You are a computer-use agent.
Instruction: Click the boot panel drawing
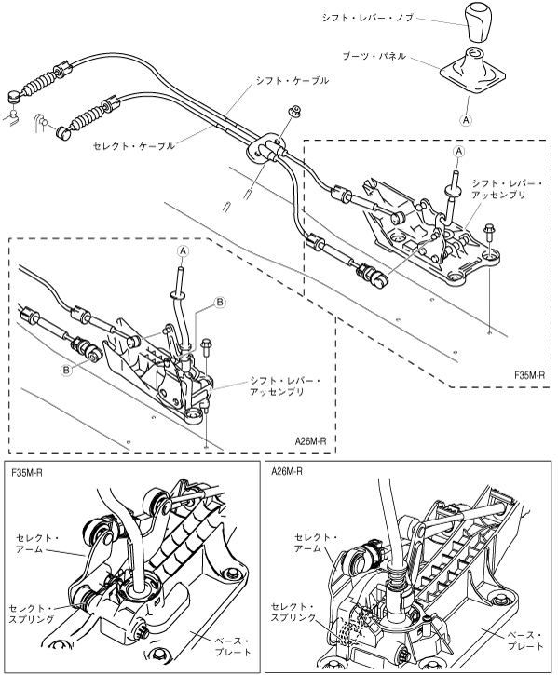472,70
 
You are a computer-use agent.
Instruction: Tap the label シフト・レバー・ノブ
368,18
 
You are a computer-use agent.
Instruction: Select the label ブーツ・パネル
374,56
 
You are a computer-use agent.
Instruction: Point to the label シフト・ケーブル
293,80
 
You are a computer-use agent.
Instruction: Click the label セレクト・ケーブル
134,146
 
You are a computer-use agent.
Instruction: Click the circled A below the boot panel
466,120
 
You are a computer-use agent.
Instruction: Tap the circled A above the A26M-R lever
184,250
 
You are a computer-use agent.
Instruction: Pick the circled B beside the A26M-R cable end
66,370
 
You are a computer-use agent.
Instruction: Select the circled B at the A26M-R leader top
219,303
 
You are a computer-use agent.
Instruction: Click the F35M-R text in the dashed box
529,375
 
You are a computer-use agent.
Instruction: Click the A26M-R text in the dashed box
310,441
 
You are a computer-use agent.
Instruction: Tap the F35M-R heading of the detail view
27,473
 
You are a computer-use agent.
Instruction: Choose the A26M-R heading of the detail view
287,471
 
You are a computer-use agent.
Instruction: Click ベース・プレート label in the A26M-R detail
524,641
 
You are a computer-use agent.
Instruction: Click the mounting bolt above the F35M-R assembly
489,233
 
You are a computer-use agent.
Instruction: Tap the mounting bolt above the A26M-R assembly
206,346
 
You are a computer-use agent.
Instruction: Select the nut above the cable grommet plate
294,111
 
